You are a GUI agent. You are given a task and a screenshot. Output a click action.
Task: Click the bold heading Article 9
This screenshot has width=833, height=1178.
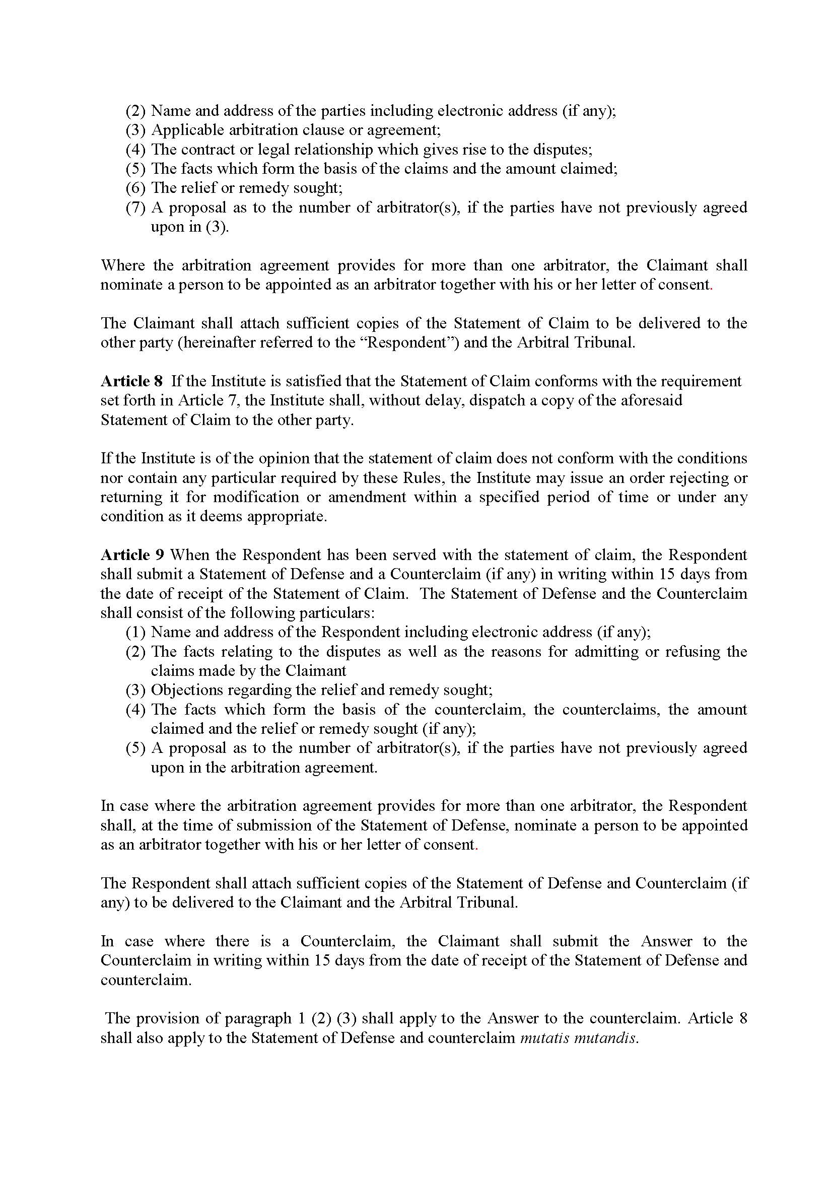pyautogui.click(x=132, y=555)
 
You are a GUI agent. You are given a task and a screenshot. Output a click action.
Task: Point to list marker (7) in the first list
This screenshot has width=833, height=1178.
pyautogui.click(x=136, y=208)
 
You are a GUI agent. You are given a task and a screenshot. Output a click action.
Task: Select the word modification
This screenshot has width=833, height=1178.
pyautogui.click(x=256, y=497)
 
